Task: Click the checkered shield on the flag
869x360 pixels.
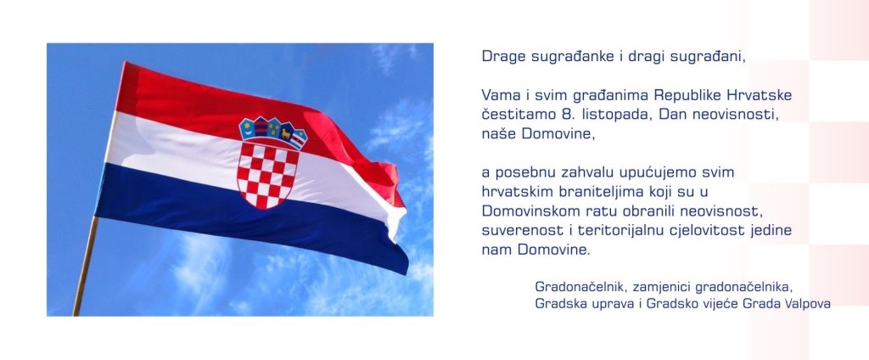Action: click(267, 173)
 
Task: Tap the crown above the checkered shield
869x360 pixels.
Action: click(272, 132)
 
